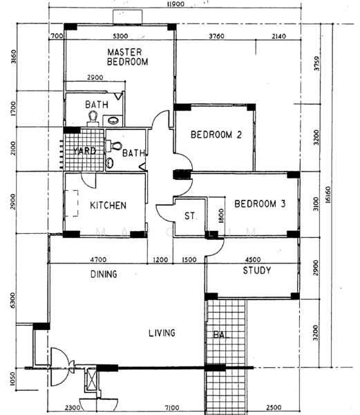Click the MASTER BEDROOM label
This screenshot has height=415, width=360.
(x=128, y=57)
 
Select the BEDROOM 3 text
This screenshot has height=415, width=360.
(x=259, y=204)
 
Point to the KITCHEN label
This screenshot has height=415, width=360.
(x=108, y=205)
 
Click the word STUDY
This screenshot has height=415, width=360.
(x=256, y=270)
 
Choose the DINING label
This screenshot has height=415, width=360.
(x=103, y=275)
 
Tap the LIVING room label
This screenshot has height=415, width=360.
(x=162, y=333)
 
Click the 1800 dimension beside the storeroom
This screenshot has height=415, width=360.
(x=220, y=216)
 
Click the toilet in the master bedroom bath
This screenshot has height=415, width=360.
(x=93, y=119)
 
